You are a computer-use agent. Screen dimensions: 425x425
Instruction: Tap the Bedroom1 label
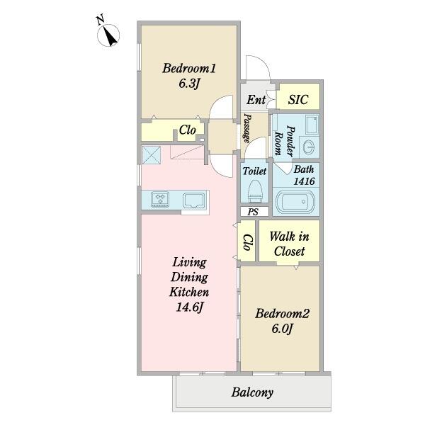tap(189, 68)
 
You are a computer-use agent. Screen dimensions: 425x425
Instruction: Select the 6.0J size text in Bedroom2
tap(282, 329)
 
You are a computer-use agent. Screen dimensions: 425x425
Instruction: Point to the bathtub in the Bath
tap(295, 202)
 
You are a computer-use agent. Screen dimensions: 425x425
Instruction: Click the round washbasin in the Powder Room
tap(308, 147)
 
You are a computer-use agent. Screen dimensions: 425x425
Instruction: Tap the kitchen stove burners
tap(160, 199)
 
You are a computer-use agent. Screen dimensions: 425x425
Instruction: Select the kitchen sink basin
tap(193, 200)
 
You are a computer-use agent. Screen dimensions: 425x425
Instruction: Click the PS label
tap(253, 212)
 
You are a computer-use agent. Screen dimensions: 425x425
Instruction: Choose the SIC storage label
tap(298, 99)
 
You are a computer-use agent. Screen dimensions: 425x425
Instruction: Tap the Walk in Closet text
tap(289, 244)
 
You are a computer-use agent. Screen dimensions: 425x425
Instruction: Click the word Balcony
tap(252, 392)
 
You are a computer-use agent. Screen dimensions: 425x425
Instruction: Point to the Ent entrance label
tap(256, 100)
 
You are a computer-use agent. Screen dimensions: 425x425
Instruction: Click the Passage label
tap(247, 128)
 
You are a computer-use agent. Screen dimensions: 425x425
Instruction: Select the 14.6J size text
tap(189, 307)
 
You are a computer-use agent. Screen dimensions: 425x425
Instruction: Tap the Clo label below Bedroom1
tap(187, 130)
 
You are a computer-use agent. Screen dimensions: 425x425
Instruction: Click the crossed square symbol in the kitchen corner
tap(152, 155)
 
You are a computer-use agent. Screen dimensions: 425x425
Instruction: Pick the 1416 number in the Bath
tap(304, 181)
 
